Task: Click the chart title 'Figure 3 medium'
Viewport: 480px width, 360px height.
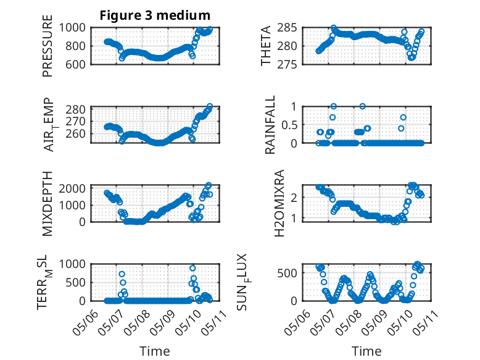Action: click(x=155, y=15)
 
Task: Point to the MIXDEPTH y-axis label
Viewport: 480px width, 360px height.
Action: click(x=48, y=203)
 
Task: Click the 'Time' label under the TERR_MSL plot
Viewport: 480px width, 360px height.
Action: click(x=154, y=351)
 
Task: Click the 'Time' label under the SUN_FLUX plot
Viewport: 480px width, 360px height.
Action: click(x=367, y=351)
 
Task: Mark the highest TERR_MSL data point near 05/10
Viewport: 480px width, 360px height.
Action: click(x=192, y=268)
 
